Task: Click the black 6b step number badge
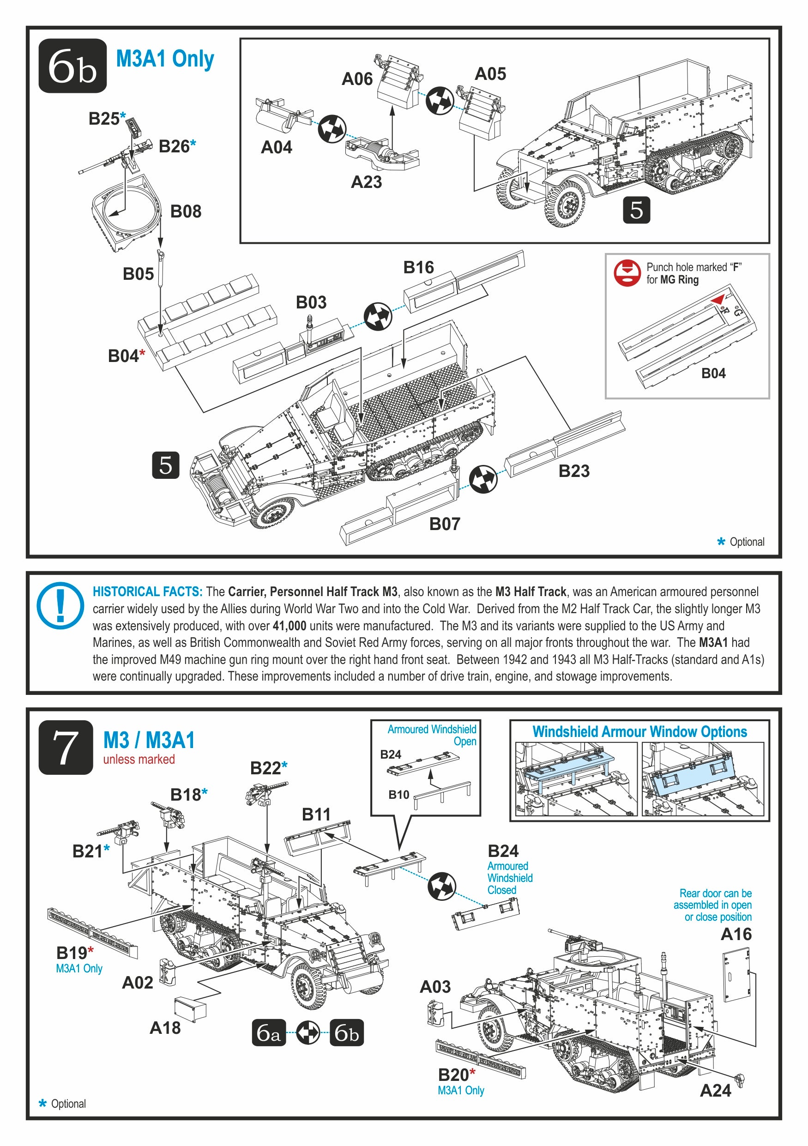pyautogui.click(x=72, y=66)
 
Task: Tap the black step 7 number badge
pyautogui.click(x=66, y=747)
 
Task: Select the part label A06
pyautogui.click(x=357, y=79)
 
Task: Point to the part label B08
pyautogui.click(x=186, y=211)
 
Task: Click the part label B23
pyautogui.click(x=574, y=470)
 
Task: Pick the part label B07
pyautogui.click(x=445, y=524)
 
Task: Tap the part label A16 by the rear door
pyautogui.click(x=736, y=934)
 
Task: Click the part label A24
pyautogui.click(x=715, y=1091)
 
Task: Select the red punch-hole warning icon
pyautogui.click(x=627, y=273)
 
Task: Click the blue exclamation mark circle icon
pyautogui.click(x=60, y=605)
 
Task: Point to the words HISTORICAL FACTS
pyautogui.click(x=147, y=592)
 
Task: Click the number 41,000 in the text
pyautogui.click(x=289, y=626)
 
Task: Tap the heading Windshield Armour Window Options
pyautogui.click(x=639, y=732)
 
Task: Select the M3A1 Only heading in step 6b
pyautogui.click(x=165, y=60)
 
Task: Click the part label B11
pyautogui.click(x=316, y=814)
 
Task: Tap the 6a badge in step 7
pyautogui.click(x=269, y=1033)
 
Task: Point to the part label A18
pyautogui.click(x=165, y=1028)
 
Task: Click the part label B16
pyautogui.click(x=418, y=267)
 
